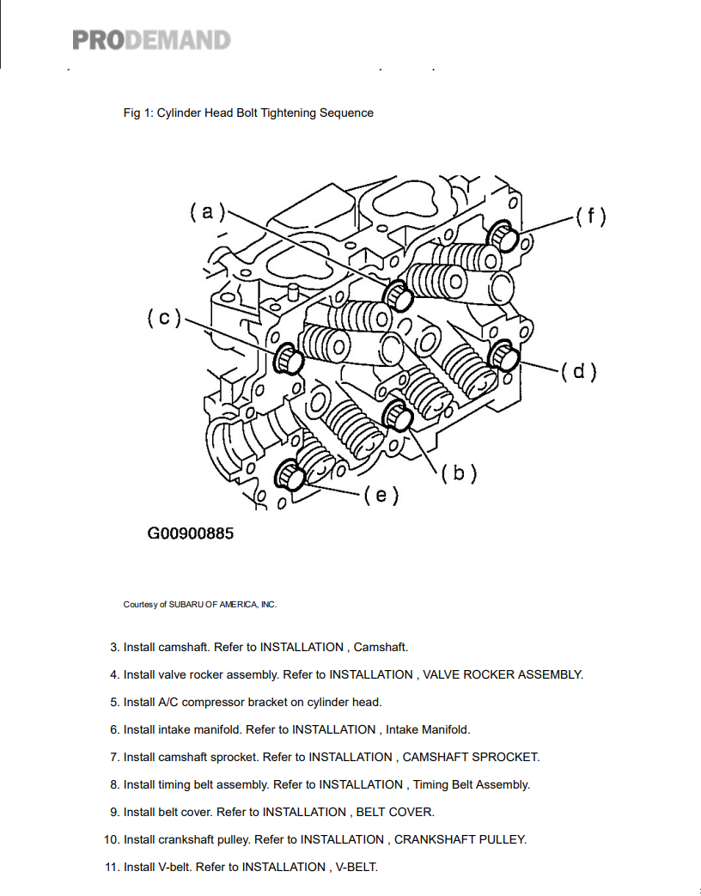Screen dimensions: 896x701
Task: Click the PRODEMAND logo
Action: point(151,40)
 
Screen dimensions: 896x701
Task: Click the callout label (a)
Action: point(207,212)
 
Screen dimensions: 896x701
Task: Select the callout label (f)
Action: point(590,216)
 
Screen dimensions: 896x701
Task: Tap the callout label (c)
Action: point(164,318)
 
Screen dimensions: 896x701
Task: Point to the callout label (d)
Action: point(578,371)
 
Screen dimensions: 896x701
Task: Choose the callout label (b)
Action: point(459,472)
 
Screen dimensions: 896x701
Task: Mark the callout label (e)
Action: point(381,495)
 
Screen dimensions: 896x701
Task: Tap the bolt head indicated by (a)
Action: point(399,296)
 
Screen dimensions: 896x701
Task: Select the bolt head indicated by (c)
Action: point(289,359)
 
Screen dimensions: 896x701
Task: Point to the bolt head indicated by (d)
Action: point(503,355)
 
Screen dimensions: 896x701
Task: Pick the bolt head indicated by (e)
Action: point(290,476)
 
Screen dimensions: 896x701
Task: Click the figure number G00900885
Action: point(191,533)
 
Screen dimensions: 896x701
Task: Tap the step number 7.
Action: point(114,757)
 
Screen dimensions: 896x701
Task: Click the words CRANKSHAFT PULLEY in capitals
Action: point(460,839)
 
